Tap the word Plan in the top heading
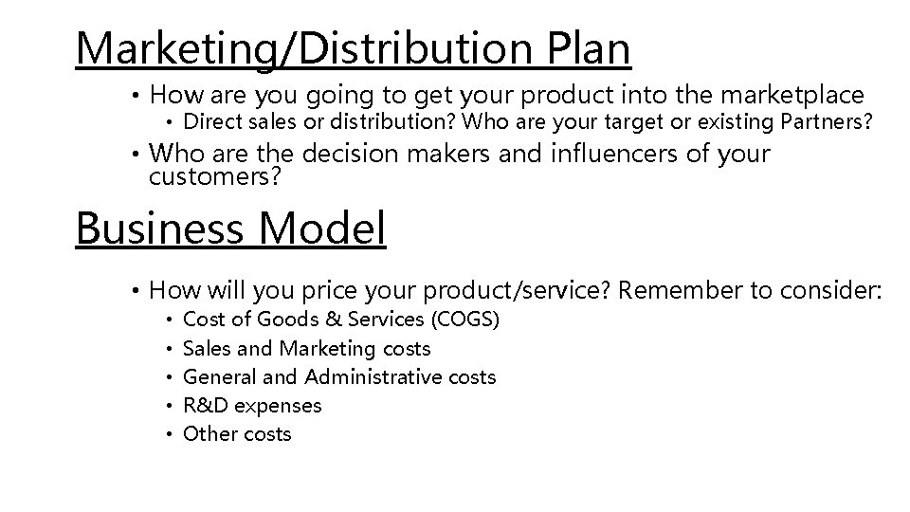coord(589,49)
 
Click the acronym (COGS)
coord(464,320)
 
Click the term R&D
coord(206,406)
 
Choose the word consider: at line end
coord(831,289)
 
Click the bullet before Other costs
coord(167,435)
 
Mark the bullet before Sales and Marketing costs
coord(167,349)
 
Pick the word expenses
coord(278,406)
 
